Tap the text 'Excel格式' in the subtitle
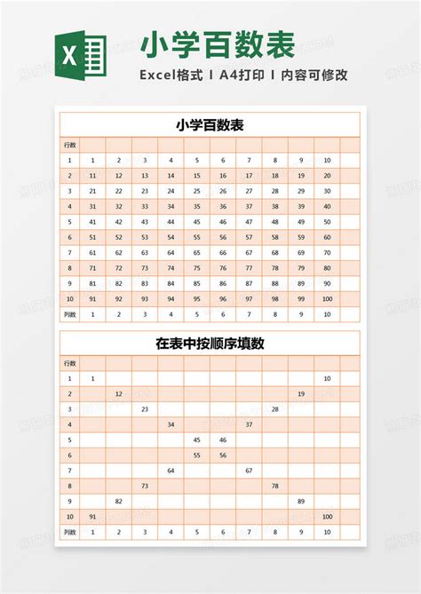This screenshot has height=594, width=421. [x=171, y=75]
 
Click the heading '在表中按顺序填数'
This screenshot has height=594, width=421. [x=210, y=343]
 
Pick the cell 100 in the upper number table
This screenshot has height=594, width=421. [x=327, y=298]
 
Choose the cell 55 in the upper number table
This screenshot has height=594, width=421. [x=196, y=237]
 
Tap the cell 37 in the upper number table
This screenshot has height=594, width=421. [x=249, y=206]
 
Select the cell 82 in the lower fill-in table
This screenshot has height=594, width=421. [x=118, y=501]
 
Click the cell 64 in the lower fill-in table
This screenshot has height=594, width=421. [x=171, y=471]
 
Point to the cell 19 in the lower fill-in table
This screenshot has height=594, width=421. [x=301, y=393]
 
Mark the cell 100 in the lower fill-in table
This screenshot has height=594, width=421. [x=327, y=516]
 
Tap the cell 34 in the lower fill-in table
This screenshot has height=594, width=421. [x=171, y=424]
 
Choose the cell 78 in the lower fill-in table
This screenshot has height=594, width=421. [x=275, y=486]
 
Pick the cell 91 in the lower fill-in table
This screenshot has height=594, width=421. [x=92, y=516]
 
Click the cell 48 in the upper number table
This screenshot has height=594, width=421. [x=275, y=222]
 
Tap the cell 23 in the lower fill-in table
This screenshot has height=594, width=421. [x=145, y=408]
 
